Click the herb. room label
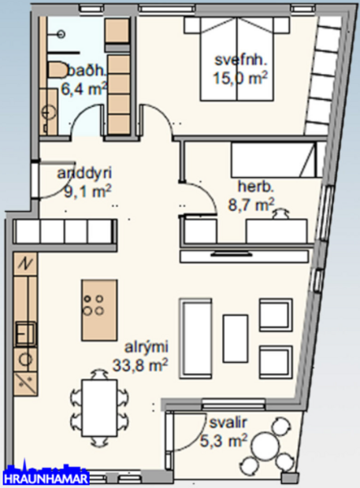pos(255,187)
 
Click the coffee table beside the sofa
pos(235,337)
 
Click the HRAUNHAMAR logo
pos(46,478)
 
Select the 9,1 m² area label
pos(86,190)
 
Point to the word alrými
pos(145,346)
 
